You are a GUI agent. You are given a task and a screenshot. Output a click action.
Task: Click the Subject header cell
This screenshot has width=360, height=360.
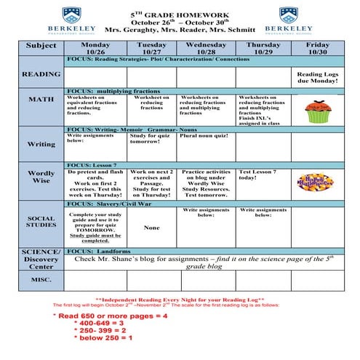[41, 45]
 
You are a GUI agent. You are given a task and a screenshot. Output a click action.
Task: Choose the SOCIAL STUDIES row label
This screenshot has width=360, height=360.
[41, 222]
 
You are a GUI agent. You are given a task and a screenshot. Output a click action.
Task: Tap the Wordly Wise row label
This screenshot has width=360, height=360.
[41, 177]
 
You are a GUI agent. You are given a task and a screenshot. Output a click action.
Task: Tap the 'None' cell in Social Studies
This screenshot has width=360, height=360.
[151, 228]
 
